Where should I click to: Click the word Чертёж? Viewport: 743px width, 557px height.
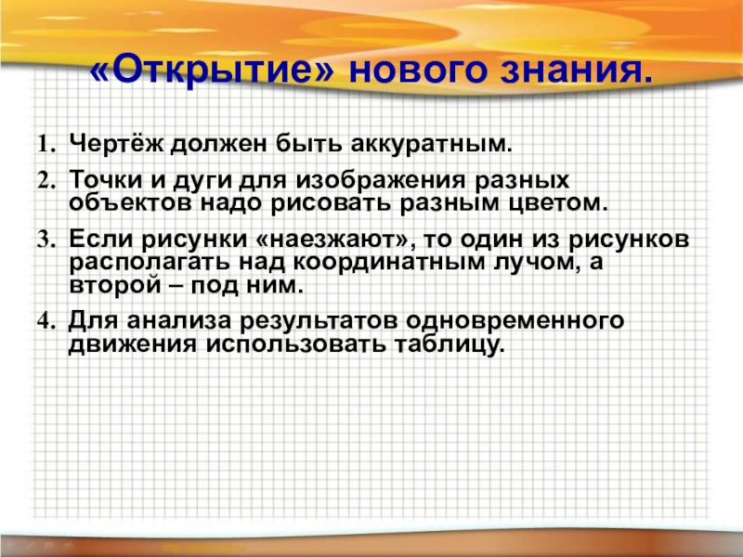[112, 146]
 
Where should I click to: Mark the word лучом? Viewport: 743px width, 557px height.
[527, 262]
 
